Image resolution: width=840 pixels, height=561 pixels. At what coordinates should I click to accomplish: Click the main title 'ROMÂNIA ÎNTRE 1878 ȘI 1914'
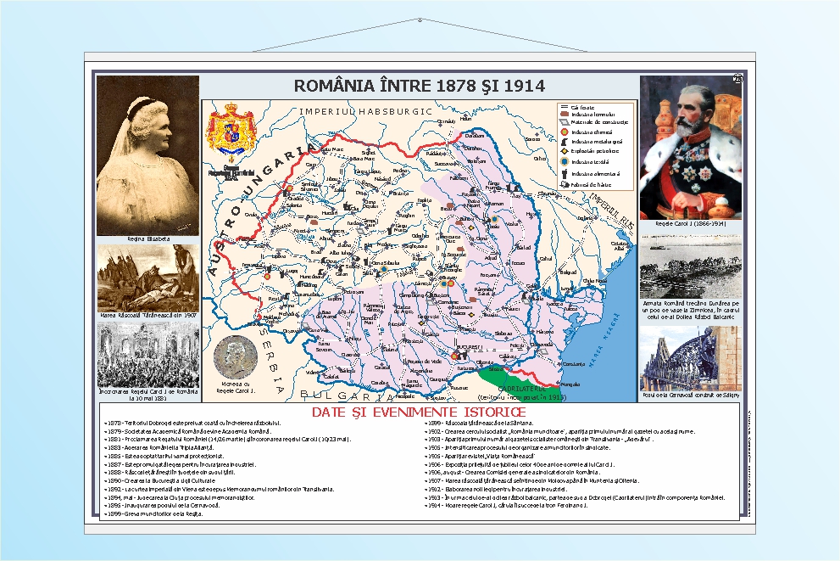[419, 86]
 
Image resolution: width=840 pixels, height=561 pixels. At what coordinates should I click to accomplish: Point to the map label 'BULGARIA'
[337, 396]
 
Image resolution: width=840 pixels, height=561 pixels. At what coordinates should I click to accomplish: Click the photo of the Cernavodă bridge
[690, 359]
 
